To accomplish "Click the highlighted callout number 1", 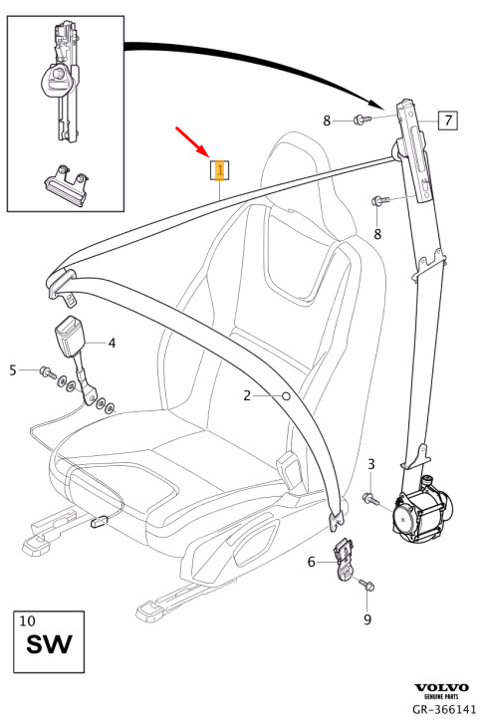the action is tap(220, 170).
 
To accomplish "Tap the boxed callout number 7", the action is tap(448, 121).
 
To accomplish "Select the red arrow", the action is tap(190, 140).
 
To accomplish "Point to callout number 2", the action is tap(247, 395).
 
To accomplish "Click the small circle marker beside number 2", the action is tap(286, 396).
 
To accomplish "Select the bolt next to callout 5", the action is tap(47, 371).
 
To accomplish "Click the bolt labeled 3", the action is tap(370, 499).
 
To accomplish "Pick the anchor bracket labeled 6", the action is tap(344, 559).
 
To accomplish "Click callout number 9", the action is tap(367, 619).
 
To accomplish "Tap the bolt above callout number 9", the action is tap(366, 585).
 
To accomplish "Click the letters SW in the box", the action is tap(49, 644).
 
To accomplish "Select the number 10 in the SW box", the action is tap(27, 620).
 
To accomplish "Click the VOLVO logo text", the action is tap(441, 687).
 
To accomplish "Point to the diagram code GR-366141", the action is tap(444, 709).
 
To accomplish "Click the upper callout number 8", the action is tap(327, 121).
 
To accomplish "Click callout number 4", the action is tap(112, 343).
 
